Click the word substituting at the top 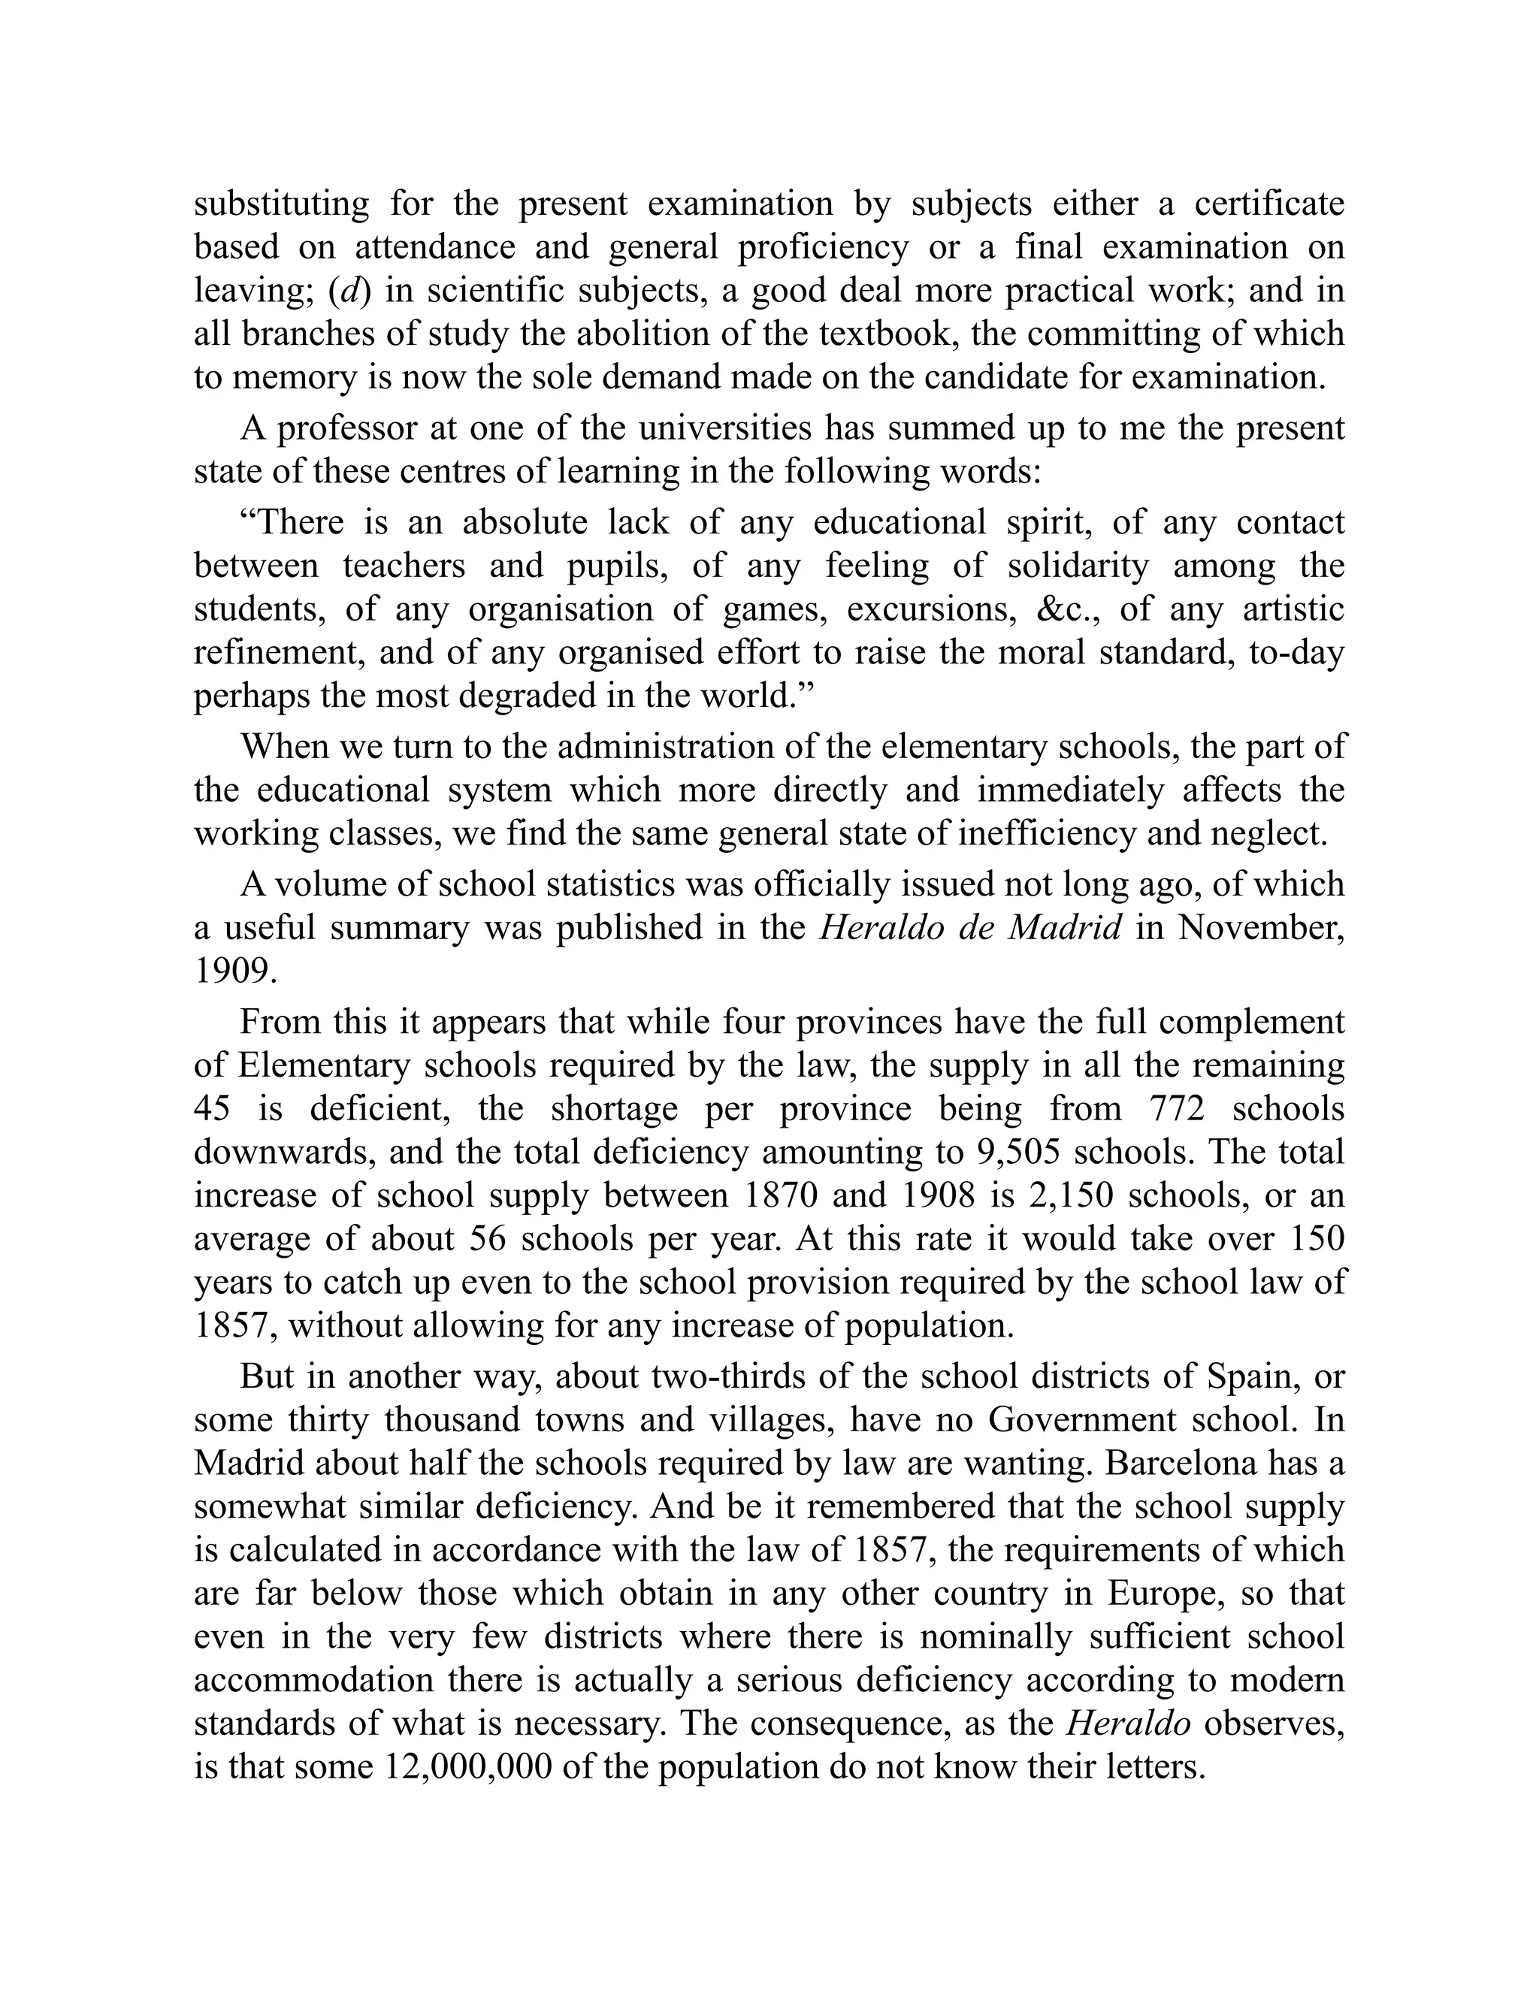point(281,204)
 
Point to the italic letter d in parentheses point(349,291)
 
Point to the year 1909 point(235,971)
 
